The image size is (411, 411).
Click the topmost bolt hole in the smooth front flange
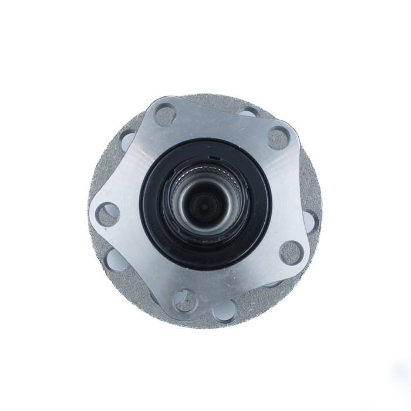166,114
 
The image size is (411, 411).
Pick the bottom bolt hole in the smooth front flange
186,301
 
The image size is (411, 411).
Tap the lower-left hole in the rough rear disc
113,258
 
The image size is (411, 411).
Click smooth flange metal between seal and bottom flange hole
194,279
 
